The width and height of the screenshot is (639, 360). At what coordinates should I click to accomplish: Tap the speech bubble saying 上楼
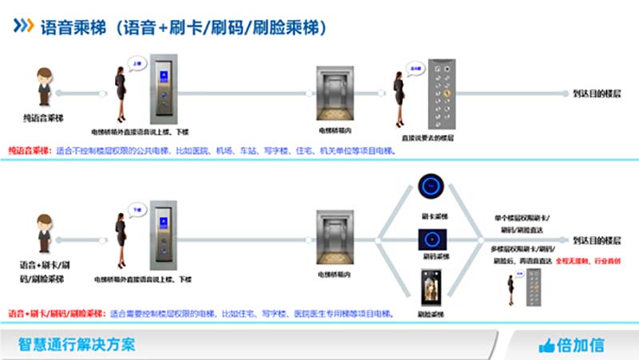coord(137,61)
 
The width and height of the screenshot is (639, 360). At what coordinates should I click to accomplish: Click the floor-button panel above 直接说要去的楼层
coord(442,94)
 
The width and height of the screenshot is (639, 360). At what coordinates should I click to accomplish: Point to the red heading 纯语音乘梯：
coord(29,150)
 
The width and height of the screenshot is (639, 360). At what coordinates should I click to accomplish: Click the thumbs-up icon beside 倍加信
coord(547,345)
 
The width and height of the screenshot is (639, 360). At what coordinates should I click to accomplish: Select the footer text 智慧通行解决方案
coord(77,345)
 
